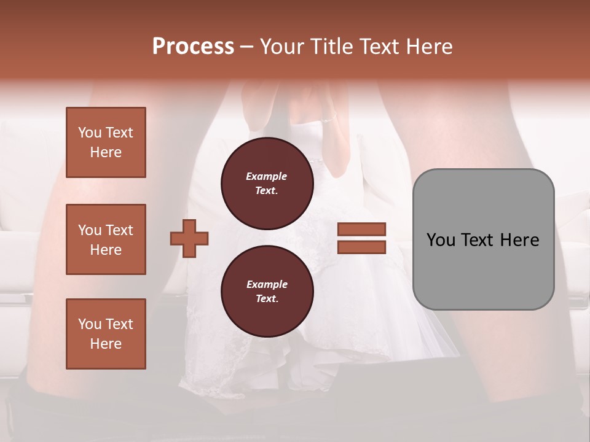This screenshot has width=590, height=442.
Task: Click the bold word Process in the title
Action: click(x=193, y=47)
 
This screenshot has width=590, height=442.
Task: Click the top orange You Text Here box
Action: click(x=106, y=142)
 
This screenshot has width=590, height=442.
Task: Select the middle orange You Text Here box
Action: click(x=106, y=239)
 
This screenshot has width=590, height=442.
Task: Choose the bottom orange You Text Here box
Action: click(x=106, y=333)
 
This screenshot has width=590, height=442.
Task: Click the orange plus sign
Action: click(x=189, y=238)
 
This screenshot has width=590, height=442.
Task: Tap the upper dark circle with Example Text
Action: click(x=267, y=184)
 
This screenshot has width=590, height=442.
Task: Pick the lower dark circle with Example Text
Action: click(x=267, y=291)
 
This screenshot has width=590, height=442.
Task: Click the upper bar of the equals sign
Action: click(x=361, y=229)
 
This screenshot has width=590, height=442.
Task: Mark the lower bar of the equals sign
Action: click(x=361, y=247)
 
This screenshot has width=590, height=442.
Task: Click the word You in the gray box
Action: click(x=441, y=240)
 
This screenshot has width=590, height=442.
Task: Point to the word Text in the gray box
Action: click(x=480, y=240)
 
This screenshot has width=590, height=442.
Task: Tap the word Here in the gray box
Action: click(x=520, y=240)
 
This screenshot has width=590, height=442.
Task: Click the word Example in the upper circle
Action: click(x=267, y=176)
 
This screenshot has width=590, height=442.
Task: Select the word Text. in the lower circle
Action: click(x=267, y=299)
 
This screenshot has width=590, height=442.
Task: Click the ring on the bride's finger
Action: click(x=328, y=120)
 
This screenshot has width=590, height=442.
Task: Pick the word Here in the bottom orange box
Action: click(x=106, y=344)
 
